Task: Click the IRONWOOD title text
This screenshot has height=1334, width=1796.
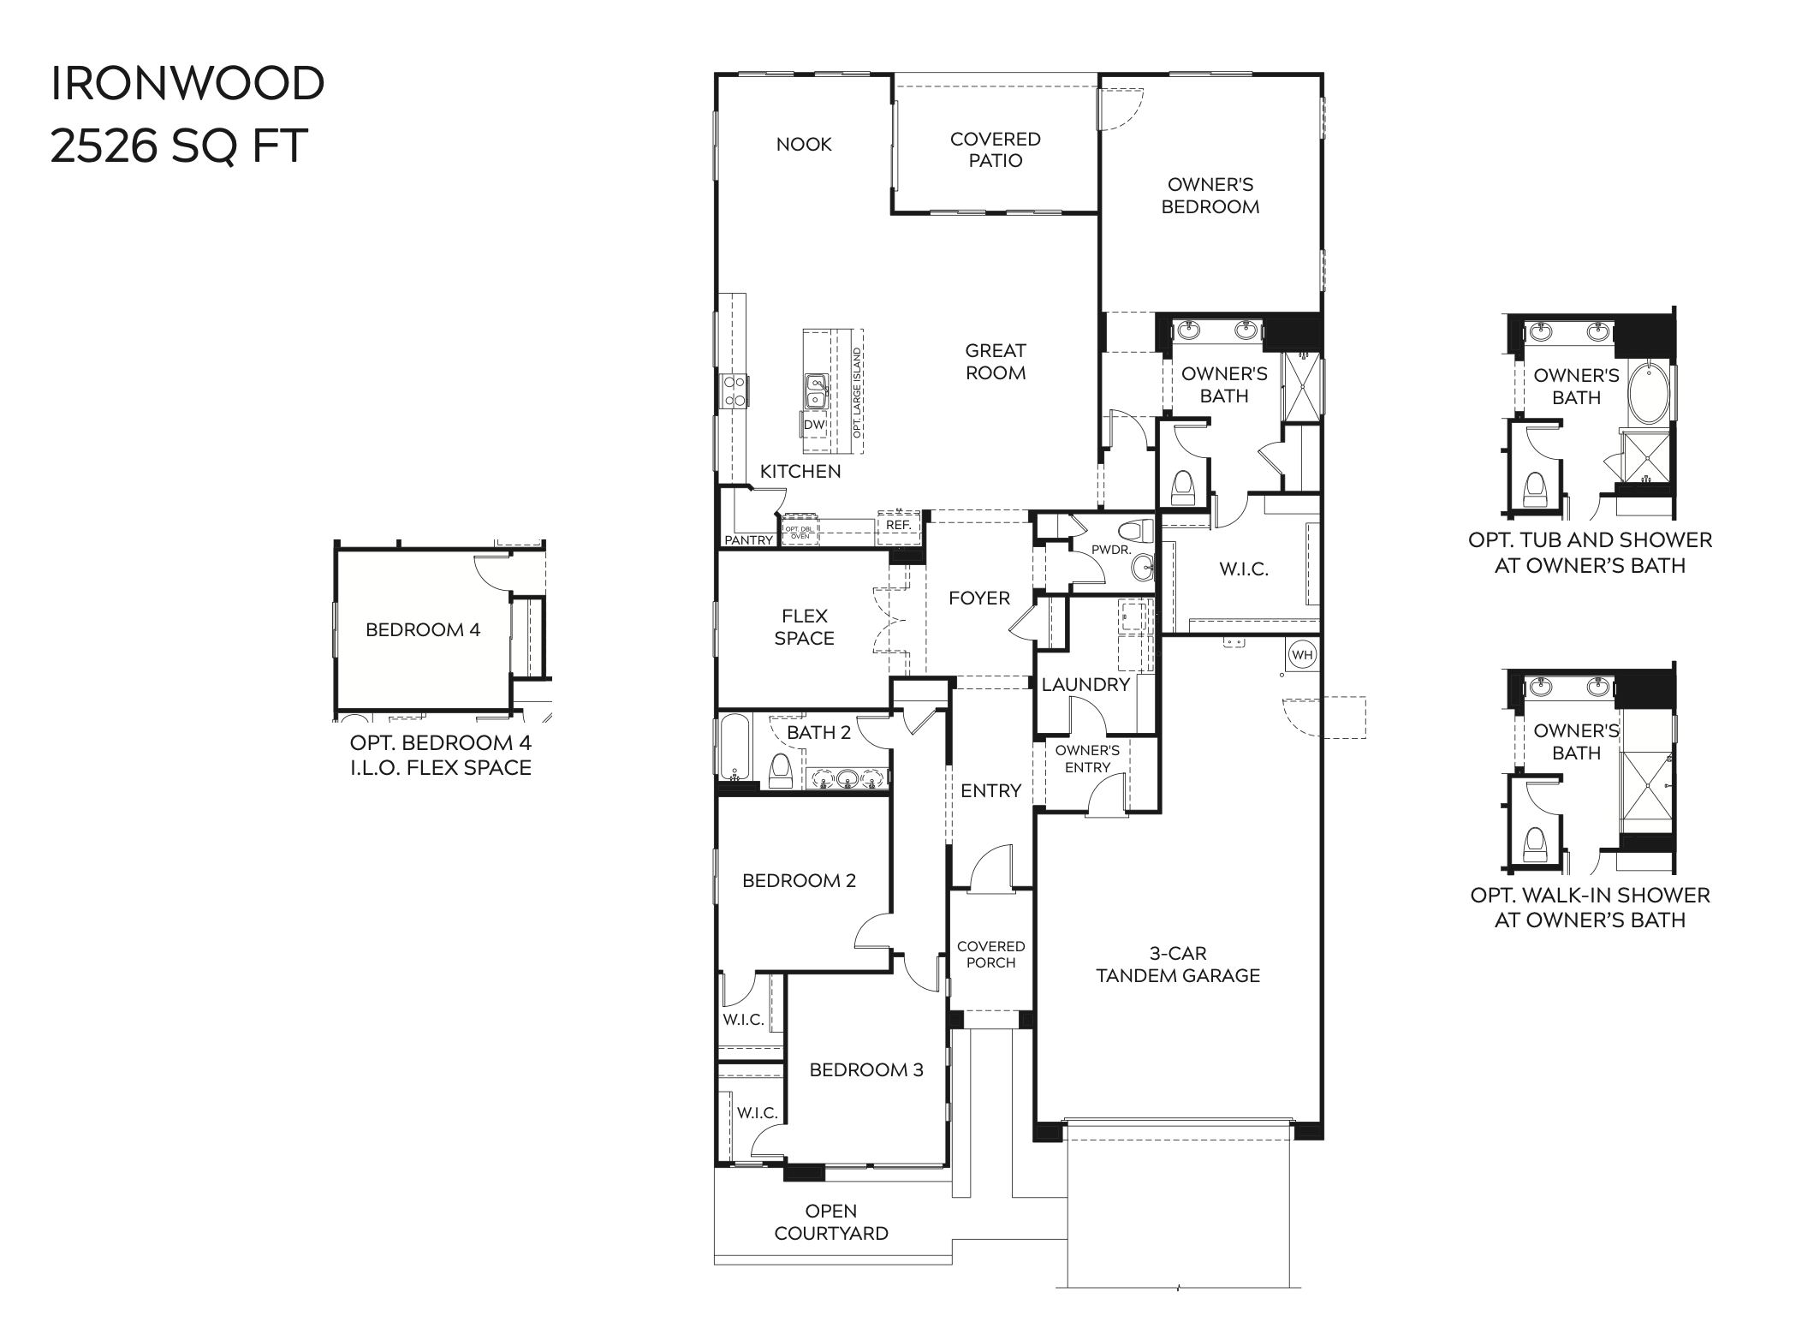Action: click(x=187, y=84)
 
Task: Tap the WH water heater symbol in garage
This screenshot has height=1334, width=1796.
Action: click(x=1301, y=655)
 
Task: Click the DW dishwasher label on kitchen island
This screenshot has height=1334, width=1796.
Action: click(x=813, y=425)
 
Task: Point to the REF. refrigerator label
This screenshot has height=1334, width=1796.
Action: click(x=898, y=525)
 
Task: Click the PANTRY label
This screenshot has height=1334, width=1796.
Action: click(x=748, y=540)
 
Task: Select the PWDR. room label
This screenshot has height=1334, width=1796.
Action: click(x=1111, y=550)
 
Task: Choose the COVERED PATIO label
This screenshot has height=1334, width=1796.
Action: click(x=995, y=150)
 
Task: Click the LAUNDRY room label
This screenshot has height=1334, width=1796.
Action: click(x=1085, y=684)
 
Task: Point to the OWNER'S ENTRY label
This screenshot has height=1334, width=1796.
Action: click(x=1087, y=759)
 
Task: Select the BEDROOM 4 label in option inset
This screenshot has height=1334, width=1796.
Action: click(x=423, y=630)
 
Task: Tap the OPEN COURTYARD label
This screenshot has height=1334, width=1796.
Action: click(x=830, y=1222)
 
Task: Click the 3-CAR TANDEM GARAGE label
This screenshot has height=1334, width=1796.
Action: click(x=1178, y=964)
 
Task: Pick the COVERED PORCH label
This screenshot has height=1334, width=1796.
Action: click(x=990, y=954)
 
